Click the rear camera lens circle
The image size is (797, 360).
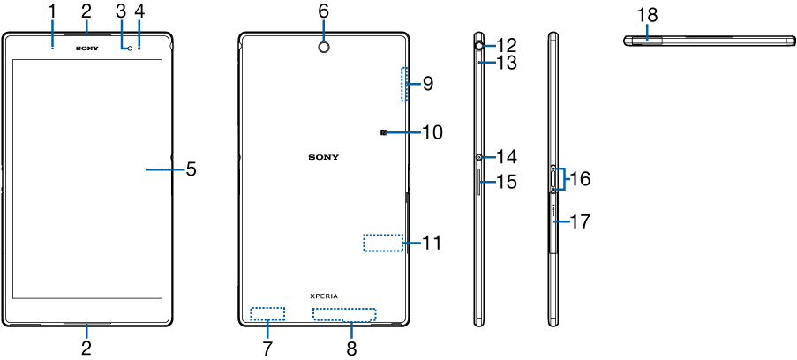323,46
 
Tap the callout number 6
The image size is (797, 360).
323,11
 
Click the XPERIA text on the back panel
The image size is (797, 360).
323,296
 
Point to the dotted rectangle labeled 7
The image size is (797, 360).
267,313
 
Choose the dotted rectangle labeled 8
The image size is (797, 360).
344,315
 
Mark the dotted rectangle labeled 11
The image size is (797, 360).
382,243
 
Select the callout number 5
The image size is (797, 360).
192,168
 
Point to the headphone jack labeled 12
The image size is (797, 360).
477,43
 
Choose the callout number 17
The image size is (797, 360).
579,221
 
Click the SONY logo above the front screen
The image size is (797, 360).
86,48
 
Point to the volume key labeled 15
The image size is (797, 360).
479,183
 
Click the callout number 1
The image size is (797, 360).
52,11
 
